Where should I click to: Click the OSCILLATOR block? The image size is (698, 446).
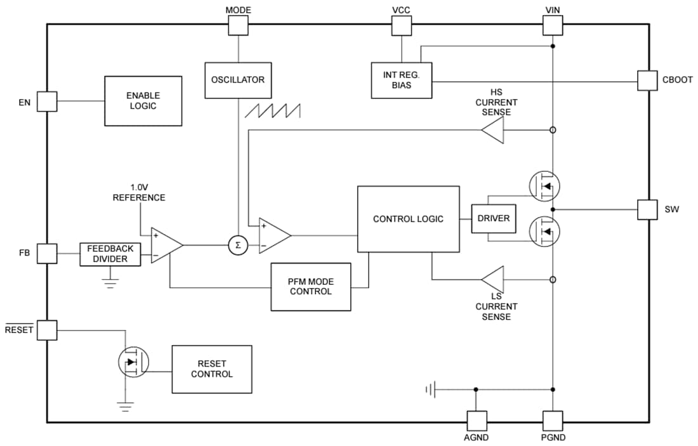pos(238,80)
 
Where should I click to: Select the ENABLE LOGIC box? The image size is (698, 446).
pos(143,101)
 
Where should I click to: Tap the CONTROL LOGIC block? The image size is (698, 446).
pos(408,219)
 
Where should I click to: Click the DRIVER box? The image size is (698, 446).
pos(494,219)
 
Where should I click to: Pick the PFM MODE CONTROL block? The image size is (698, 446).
pos(310,287)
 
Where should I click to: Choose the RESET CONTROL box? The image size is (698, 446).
pos(211,369)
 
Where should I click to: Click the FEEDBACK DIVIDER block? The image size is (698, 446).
pos(110,254)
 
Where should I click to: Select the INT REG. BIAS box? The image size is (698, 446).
pos(401,80)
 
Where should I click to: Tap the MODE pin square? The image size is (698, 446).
pos(238,25)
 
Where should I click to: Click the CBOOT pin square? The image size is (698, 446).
pos(647,81)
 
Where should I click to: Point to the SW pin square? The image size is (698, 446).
pos(647,209)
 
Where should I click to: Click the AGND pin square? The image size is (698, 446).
pos(477,421)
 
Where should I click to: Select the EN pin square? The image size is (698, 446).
pos(47,101)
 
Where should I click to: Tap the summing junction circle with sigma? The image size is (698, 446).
pos(238,246)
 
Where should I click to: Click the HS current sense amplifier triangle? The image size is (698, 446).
pos(492,131)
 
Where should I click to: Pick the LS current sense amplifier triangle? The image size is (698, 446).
pos(492,279)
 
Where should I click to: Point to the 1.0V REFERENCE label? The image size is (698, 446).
pos(138,192)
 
